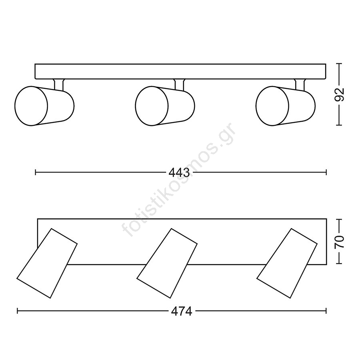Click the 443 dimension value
tap(179, 172)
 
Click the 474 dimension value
tap(181, 311)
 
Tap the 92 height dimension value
tap(339, 94)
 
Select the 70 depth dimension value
tap(339, 241)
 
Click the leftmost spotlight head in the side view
tap(44, 106)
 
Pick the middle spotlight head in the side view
tap(165, 106)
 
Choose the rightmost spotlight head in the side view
tap(285, 106)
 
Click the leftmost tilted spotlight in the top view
tap(47, 263)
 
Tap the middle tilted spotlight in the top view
tap(167, 263)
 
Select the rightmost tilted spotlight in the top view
tap(287, 263)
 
